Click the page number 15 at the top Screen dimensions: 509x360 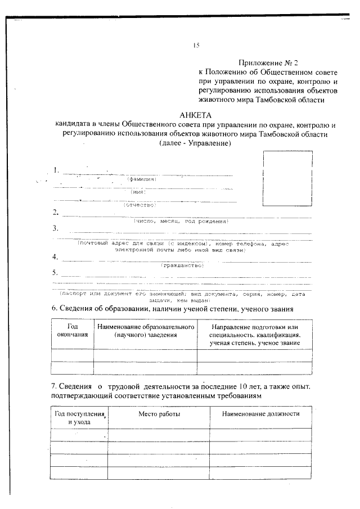pos(195,46)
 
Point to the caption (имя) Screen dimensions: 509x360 pos(138,192)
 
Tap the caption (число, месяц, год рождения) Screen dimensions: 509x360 pos(181,221)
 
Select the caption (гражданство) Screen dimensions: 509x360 pos(182,264)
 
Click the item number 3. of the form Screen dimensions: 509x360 pos(56,228)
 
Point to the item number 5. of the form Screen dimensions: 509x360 pos(56,272)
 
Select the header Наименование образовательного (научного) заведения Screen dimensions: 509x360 pos(145,331)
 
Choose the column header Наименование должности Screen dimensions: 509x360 pos(260,414)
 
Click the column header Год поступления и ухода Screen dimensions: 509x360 pos(79,418)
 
